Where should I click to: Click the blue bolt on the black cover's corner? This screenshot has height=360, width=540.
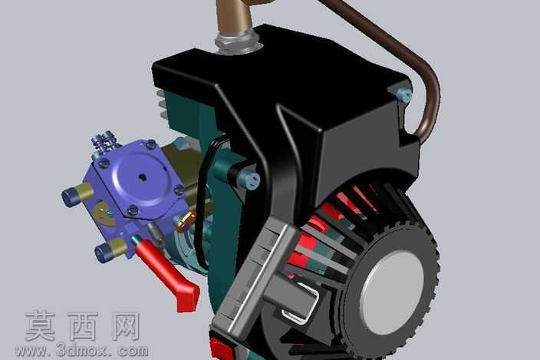coord(405,94)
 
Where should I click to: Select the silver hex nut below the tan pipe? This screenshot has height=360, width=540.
coord(237,42)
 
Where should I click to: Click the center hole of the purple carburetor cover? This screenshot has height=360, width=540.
coord(142,177)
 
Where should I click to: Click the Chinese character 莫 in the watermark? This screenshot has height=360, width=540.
coord(41,326)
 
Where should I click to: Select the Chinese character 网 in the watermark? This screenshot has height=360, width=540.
coord(127,326)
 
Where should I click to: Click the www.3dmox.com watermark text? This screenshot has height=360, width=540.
coord(81,351)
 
